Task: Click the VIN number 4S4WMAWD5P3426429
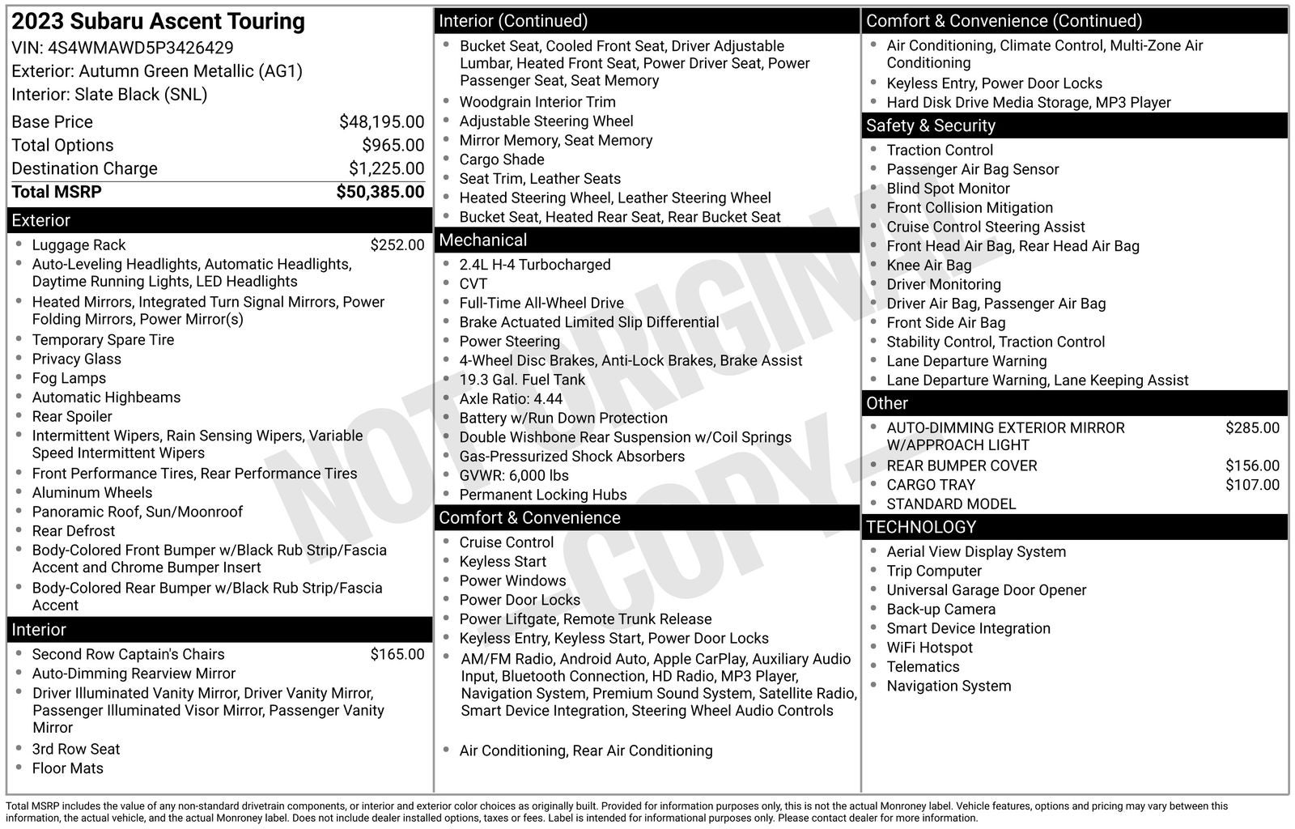(x=141, y=48)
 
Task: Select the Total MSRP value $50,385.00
(x=380, y=192)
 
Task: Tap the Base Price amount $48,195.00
(x=381, y=122)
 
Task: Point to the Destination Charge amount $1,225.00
(x=386, y=168)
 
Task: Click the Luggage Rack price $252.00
(x=397, y=245)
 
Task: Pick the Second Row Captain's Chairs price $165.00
(x=397, y=654)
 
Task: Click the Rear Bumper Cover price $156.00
(x=1252, y=466)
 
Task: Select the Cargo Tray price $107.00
(x=1252, y=485)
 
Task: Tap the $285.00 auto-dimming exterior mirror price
(x=1252, y=428)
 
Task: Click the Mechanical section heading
(x=482, y=240)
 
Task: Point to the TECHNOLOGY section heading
(x=921, y=527)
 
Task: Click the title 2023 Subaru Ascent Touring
(x=158, y=22)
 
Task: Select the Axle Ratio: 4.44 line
(x=511, y=399)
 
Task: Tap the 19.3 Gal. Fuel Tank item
(x=522, y=380)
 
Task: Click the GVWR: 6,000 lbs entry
(x=514, y=476)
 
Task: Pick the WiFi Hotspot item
(x=929, y=648)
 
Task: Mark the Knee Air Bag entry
(x=928, y=266)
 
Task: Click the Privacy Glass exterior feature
(x=76, y=359)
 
